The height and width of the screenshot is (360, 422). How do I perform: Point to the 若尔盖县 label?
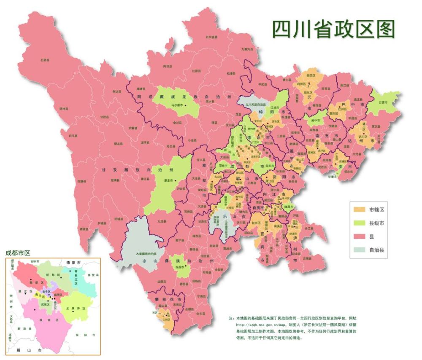(x=211, y=37)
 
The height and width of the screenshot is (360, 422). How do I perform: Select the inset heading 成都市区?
(x=18, y=253)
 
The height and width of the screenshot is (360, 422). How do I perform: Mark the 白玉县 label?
(x=73, y=136)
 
